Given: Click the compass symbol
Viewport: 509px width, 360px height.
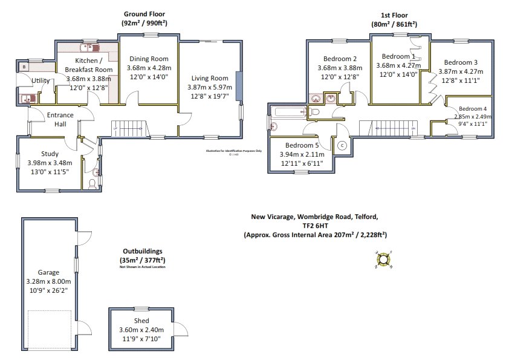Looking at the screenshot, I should pyautogui.click(x=383, y=260).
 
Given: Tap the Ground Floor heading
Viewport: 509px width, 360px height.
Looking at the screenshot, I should pyautogui.click(x=144, y=13).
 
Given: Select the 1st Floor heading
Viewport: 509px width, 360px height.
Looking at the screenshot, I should pyautogui.click(x=393, y=15).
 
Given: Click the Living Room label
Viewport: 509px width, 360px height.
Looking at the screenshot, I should pyautogui.click(x=210, y=78).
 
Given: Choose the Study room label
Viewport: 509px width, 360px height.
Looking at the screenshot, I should pyautogui.click(x=50, y=154).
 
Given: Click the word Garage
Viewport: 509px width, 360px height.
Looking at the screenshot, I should pyautogui.click(x=49, y=273).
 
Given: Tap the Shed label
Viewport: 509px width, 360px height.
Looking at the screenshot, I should pyautogui.click(x=141, y=321).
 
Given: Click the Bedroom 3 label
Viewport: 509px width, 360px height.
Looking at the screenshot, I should pyautogui.click(x=461, y=62).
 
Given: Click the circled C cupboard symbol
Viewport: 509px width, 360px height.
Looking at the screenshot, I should pyautogui.click(x=342, y=145).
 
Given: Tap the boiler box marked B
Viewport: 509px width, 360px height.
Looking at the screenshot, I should pyautogui.click(x=24, y=67).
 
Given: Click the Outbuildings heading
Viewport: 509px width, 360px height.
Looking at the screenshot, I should pyautogui.click(x=142, y=250).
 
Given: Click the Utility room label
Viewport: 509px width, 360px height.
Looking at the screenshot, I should pyautogui.click(x=41, y=80).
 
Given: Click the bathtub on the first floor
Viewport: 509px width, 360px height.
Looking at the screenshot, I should pyautogui.click(x=289, y=111).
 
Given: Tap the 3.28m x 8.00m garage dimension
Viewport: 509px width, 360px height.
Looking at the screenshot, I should pyautogui.click(x=50, y=281).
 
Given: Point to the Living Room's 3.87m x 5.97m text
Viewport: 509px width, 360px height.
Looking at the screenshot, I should pyautogui.click(x=210, y=87).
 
